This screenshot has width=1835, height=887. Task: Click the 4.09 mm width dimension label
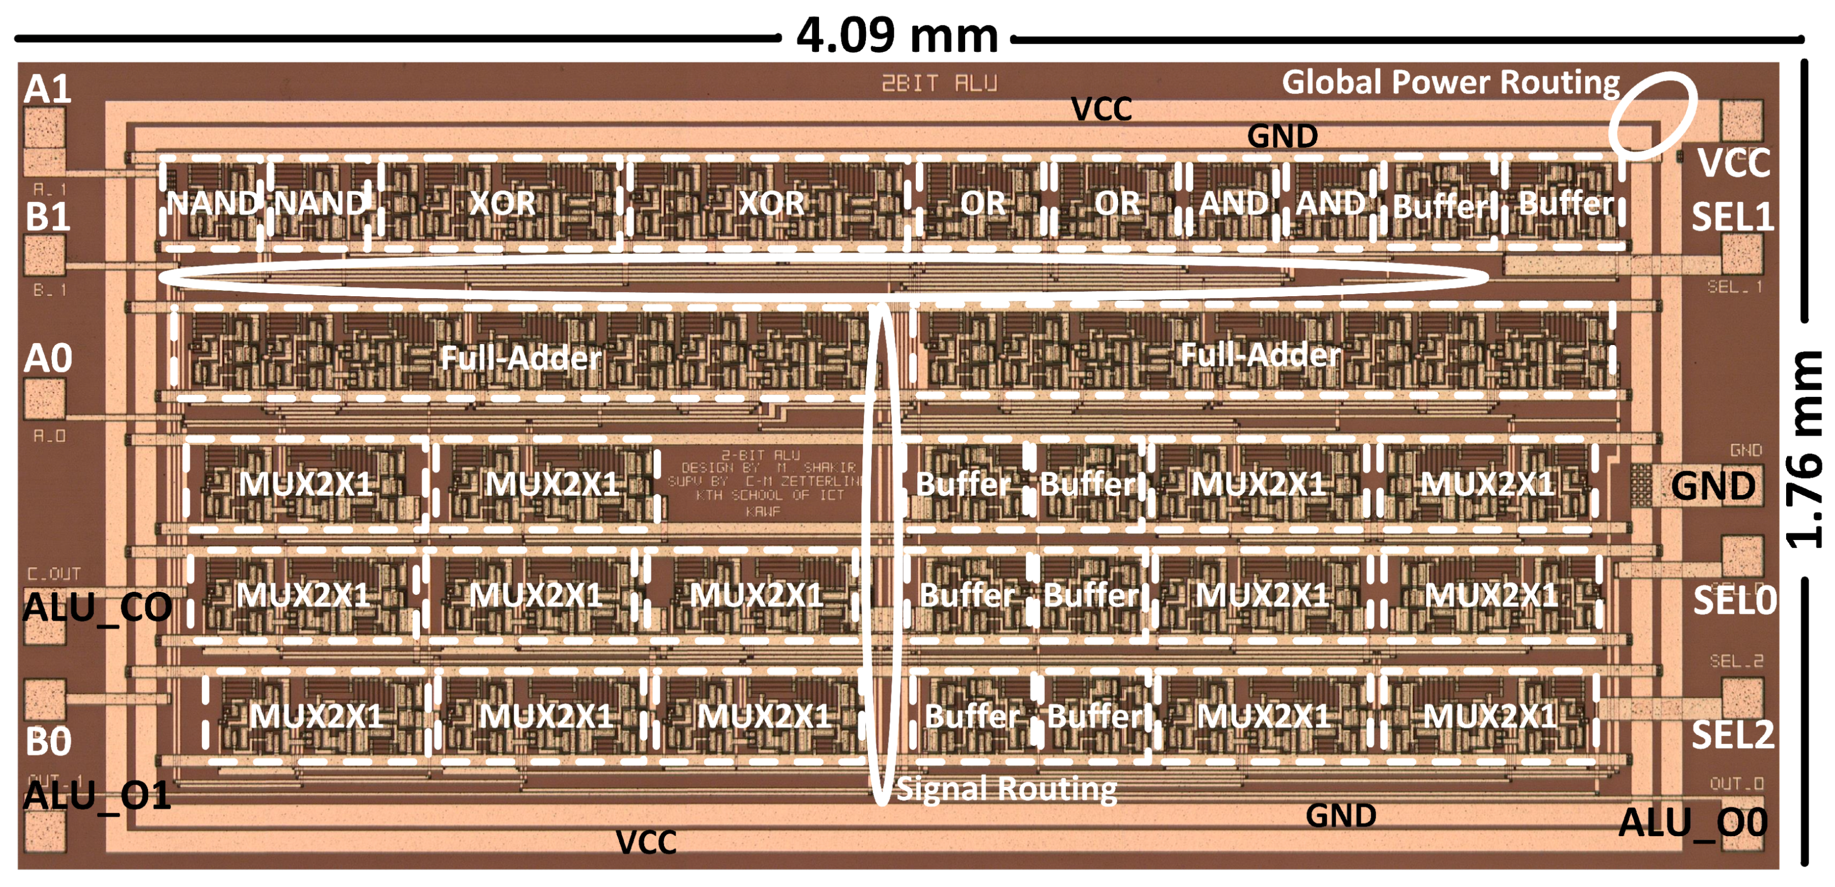[897, 36]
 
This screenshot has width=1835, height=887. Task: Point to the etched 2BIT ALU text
[939, 83]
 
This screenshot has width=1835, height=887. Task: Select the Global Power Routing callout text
[1450, 82]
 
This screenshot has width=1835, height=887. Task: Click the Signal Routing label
[1006, 789]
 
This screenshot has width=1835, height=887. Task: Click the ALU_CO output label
[97, 608]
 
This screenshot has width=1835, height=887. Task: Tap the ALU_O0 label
[1693, 823]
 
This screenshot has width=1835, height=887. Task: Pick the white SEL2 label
[1732, 734]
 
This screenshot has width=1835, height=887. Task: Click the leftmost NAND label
[212, 204]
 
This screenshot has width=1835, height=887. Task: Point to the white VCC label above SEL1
[1733, 163]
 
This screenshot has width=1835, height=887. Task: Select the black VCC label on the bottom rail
[646, 843]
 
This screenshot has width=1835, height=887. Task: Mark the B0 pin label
[48, 741]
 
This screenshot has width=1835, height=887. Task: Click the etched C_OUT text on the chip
[54, 574]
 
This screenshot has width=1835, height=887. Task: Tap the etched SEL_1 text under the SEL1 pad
[1734, 287]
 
